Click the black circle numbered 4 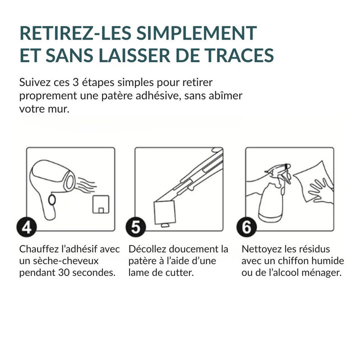tap(26, 227)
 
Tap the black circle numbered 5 tap(135, 227)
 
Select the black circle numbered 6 tap(246, 227)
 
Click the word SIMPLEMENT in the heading tap(196, 33)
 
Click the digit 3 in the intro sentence tap(75, 82)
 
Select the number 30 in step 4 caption tap(63, 273)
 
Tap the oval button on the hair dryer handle tap(52, 200)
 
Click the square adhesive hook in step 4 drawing tap(101, 204)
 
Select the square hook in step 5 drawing tap(165, 213)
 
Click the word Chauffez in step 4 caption tap(37, 249)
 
